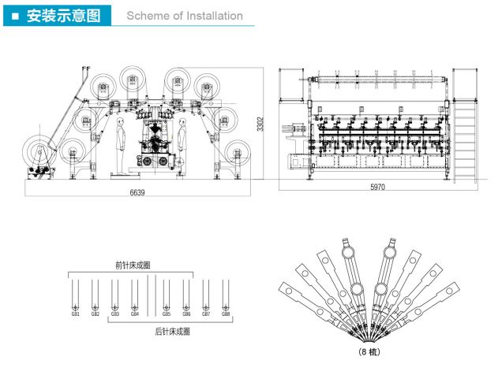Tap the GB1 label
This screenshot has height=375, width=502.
76,314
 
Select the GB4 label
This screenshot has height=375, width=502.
135,314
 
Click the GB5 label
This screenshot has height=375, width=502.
167,314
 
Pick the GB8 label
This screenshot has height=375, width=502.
226,314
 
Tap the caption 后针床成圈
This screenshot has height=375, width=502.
172,332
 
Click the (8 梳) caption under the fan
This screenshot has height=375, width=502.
367,352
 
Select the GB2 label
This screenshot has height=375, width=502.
95,314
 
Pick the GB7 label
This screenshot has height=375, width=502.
206,314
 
